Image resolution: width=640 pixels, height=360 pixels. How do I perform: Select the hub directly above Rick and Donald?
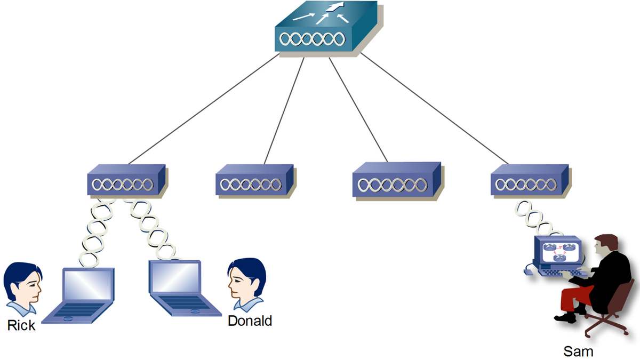click(126, 181)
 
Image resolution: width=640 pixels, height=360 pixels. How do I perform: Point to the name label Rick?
click(21, 325)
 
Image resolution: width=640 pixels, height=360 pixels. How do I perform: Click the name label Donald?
click(250, 321)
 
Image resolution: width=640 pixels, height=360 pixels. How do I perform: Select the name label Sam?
click(578, 351)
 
